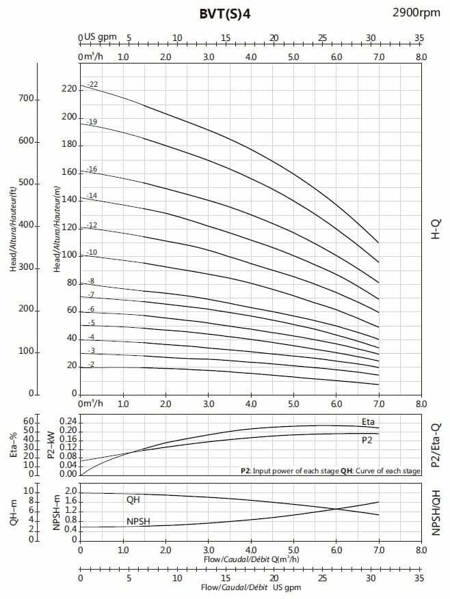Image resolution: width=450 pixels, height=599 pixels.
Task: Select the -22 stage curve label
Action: pos(93,84)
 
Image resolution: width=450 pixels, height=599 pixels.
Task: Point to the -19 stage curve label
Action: pos(93,121)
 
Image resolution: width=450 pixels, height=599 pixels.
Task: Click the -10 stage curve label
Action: pos(92,253)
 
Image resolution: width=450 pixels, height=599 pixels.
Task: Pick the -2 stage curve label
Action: pos(90,365)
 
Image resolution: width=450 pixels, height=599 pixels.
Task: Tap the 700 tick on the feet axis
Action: pos(25,99)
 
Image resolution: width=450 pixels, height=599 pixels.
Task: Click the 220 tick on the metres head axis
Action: pos(68,89)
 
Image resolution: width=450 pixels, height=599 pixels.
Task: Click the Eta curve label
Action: pos(368,421)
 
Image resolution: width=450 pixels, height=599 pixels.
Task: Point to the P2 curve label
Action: pos(367,441)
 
